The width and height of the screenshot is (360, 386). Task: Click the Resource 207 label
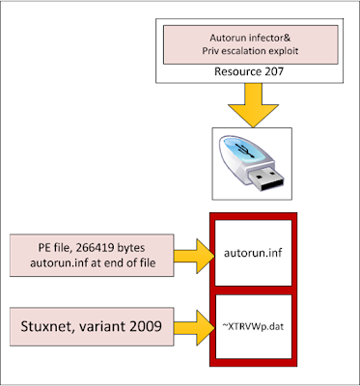click(x=249, y=71)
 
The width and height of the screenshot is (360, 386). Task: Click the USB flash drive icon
click(x=251, y=163)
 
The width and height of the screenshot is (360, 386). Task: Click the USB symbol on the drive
click(x=244, y=150)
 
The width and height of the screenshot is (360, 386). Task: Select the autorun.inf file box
click(x=253, y=253)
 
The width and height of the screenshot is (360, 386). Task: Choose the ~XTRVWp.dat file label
click(x=253, y=327)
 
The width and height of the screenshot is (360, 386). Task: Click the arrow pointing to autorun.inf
click(x=194, y=256)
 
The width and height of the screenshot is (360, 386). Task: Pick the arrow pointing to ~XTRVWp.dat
click(x=194, y=328)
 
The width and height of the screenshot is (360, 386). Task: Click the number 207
click(x=274, y=71)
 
